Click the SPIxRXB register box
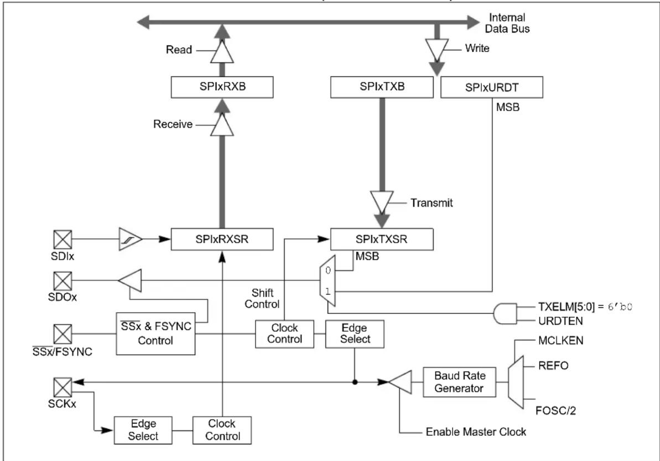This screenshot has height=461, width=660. (222, 87)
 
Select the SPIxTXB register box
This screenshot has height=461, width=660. (382, 87)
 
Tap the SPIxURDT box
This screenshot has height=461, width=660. (492, 87)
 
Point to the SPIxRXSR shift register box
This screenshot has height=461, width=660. (222, 239)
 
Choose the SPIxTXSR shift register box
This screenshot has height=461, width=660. (382, 239)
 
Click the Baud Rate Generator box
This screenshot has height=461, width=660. (459, 382)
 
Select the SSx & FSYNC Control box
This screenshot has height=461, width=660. (156, 333)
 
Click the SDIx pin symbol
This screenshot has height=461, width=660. (63, 239)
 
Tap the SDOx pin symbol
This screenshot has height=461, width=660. (63, 281)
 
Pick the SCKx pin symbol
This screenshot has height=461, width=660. (63, 387)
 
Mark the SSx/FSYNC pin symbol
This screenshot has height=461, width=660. (63, 334)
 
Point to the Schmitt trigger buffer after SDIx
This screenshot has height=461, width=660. (131, 239)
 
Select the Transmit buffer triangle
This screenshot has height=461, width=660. (382, 202)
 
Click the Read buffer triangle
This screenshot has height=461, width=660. (222, 51)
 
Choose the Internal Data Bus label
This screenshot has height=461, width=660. (507, 23)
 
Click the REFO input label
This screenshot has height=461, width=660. (553, 365)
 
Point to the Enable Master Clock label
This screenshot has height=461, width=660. (476, 432)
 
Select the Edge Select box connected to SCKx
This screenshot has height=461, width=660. (143, 430)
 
